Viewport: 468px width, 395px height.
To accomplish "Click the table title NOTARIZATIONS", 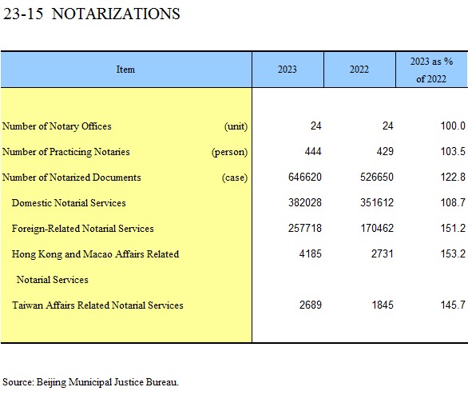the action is pos(116,14).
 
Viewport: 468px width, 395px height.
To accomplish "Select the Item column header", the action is pos(125,70).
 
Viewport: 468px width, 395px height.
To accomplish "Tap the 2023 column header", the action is pos(288,70).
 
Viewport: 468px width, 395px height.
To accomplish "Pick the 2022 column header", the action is pos(359,70).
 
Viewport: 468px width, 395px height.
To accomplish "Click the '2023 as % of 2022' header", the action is pos(431,70).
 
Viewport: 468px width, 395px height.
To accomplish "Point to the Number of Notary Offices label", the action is pos(57,126).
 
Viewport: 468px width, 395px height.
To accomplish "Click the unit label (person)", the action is pos(229,152).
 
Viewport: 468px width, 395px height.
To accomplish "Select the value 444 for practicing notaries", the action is pos(313,151).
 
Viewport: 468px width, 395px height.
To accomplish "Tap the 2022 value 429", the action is pos(385,151).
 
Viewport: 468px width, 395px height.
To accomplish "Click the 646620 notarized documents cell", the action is pos(305,178).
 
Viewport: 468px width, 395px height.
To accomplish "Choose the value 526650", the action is pos(377,178).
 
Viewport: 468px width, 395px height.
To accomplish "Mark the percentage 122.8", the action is pos(453,178).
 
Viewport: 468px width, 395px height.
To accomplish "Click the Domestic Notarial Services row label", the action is pos(69,203).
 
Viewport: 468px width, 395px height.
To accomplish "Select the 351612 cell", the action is pos(377,203).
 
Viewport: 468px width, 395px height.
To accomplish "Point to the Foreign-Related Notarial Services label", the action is pos(83,229).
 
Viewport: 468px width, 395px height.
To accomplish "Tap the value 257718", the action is pos(305,228).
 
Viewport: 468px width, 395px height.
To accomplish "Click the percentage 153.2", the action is pos(453,254).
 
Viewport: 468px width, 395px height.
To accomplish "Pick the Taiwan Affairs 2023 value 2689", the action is pos(311,305).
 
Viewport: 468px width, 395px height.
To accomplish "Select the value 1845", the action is pos(383,305).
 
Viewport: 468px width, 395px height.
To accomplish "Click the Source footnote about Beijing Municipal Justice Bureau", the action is pos(90,382).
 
